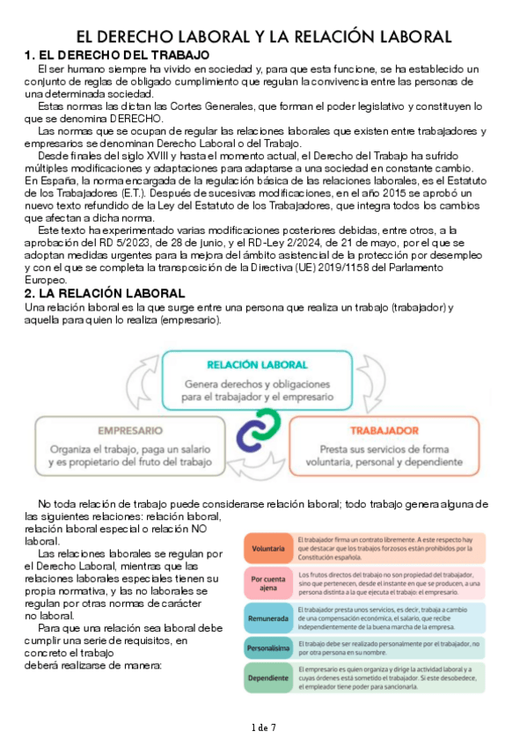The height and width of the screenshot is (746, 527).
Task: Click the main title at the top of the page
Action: (263, 36)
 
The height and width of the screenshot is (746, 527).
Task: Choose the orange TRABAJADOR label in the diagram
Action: (384, 431)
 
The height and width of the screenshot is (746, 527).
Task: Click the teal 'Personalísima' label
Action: (267, 649)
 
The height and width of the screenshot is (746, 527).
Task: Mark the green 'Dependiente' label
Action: (267, 679)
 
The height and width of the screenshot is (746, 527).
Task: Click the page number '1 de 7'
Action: (263, 728)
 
